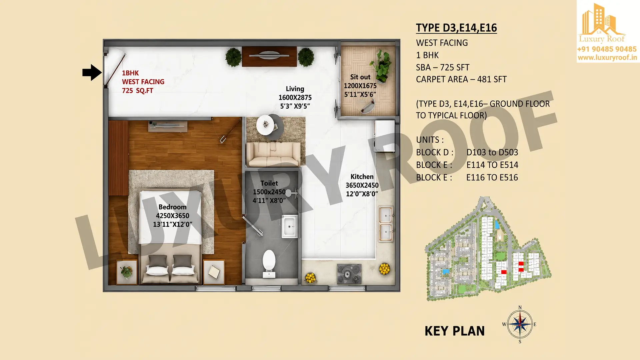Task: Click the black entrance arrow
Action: [92, 73]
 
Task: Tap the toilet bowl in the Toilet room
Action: [269, 263]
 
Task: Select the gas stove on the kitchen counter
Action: [349, 274]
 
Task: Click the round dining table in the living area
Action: [266, 125]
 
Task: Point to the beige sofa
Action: [274, 154]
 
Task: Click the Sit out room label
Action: [360, 77]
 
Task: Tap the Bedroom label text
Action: [172, 207]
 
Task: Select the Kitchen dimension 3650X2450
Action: [362, 185]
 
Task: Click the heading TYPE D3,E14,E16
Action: [456, 28]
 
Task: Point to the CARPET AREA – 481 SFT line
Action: [461, 79]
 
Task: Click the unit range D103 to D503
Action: [492, 152]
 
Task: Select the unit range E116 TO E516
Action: [492, 178]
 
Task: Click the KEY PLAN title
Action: [455, 331]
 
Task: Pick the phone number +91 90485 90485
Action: [607, 49]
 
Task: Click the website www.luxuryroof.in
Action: [607, 58]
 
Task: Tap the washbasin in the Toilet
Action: [290, 226]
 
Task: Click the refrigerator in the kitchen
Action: [385, 136]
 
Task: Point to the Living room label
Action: [295, 89]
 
